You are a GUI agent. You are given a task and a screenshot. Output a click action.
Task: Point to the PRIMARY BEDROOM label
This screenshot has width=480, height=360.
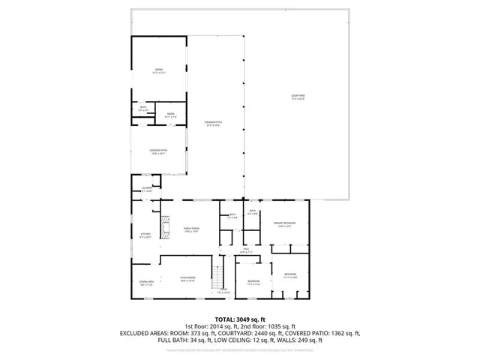[x=283, y=223]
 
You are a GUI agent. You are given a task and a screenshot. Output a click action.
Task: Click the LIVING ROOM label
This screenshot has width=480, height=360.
[x=187, y=279]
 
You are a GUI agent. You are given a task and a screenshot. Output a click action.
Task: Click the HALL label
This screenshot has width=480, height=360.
[x=244, y=251]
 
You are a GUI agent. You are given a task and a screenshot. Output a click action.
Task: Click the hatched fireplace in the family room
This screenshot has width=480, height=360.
[x=166, y=225]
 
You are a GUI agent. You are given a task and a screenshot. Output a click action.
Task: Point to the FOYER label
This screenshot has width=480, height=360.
[x=223, y=290]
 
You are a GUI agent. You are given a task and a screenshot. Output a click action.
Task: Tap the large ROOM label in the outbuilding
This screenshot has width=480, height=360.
[x=158, y=70]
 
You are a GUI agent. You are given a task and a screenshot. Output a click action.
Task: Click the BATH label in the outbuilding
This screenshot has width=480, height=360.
[x=143, y=108]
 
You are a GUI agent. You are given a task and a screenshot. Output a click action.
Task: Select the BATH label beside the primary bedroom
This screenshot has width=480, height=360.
[x=253, y=212]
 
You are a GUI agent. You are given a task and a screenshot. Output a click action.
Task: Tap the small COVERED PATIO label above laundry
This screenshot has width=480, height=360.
[x=157, y=151]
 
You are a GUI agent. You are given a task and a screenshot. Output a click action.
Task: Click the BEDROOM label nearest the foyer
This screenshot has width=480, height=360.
[x=253, y=283]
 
